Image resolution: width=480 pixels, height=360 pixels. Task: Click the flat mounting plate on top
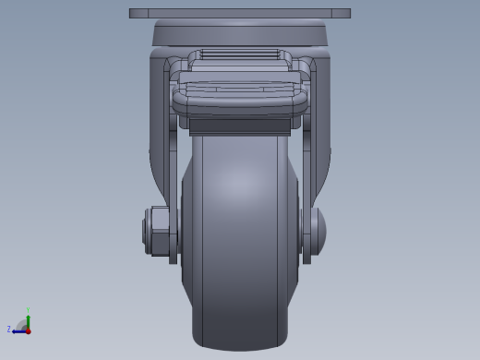pos(240,14)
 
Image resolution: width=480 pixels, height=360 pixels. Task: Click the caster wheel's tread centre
pos(239,231)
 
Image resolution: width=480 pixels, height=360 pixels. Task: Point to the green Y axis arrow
pos(29,316)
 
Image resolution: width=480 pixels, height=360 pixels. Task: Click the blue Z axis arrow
pos(18,330)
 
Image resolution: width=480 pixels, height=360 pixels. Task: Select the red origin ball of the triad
pos(29,330)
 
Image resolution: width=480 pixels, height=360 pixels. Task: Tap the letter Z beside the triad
pos(9,329)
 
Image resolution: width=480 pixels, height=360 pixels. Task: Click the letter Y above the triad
pos(29,309)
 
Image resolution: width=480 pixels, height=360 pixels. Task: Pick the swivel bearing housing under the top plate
pos(240,34)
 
